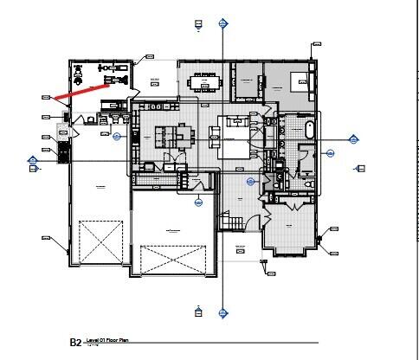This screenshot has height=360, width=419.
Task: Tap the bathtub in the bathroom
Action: pos(308,131)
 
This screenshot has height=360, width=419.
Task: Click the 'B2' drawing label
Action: pos(75,344)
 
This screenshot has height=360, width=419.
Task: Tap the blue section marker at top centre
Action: pos(223,22)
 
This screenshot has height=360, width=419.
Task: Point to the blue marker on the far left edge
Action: pos(33,160)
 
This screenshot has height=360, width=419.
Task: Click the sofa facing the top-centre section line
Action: pos(214,135)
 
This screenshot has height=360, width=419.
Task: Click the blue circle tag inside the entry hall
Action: pos(250,181)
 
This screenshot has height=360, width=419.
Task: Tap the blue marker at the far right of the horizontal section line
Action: pos(353,139)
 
